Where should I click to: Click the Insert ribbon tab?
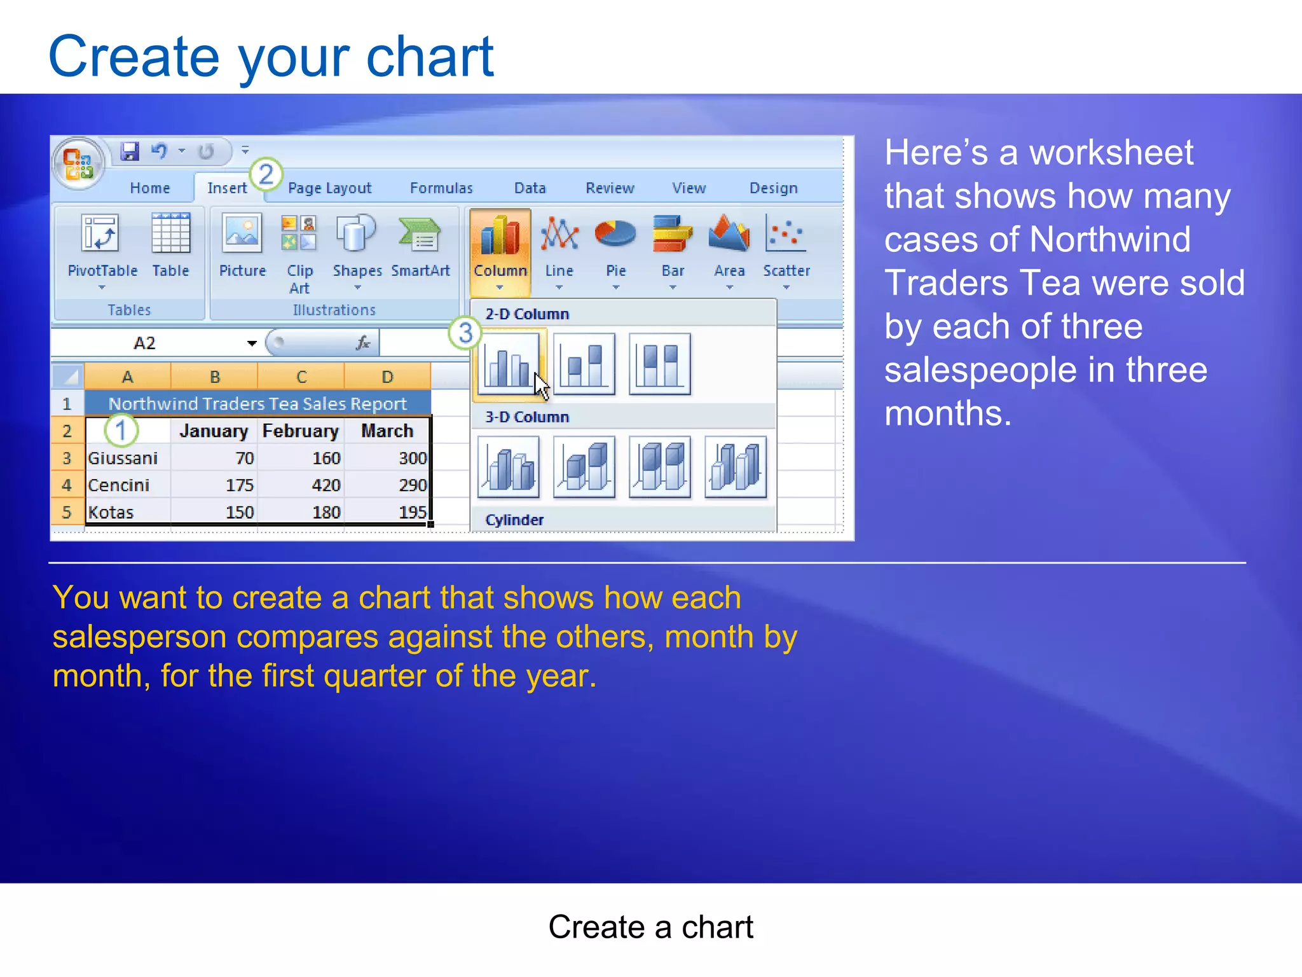[226, 188]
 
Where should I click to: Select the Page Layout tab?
[329, 188]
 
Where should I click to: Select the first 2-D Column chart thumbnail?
[508, 364]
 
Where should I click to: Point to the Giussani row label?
[123, 459]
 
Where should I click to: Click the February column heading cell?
[301, 431]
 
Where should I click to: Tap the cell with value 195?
[412, 513]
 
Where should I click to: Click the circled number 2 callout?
[266, 174]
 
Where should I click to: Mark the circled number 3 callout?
[465, 333]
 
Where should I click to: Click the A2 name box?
[146, 343]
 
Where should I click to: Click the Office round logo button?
[78, 163]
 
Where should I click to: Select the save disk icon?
[130, 151]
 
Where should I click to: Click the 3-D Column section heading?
[527, 417]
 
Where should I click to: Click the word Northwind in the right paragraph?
[1109, 240]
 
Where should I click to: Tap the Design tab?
[773, 188]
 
